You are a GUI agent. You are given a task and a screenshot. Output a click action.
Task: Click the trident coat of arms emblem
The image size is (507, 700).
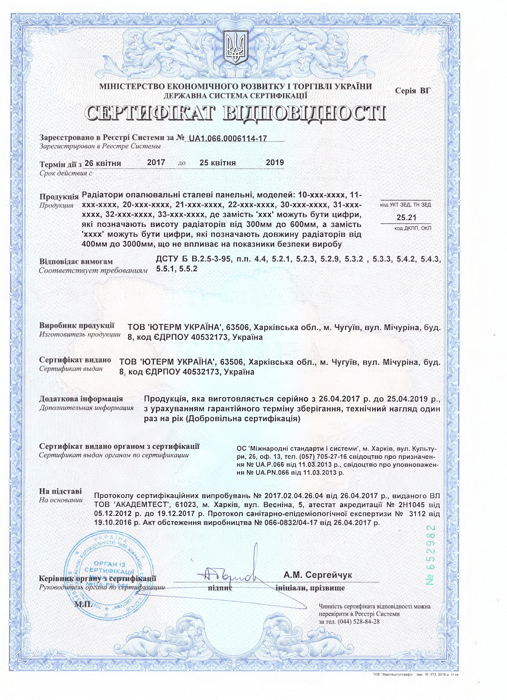click(x=236, y=48)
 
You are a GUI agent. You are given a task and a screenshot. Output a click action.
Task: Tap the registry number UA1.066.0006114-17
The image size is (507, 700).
click(x=228, y=138)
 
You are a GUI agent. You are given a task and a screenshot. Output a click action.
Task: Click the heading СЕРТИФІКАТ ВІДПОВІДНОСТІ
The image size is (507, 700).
click(x=236, y=113)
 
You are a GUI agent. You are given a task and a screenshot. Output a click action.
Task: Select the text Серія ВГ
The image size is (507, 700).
click(x=413, y=91)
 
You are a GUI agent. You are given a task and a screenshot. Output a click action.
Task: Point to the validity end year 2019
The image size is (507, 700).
click(x=275, y=162)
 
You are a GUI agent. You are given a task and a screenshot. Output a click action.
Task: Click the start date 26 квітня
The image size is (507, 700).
click(x=103, y=163)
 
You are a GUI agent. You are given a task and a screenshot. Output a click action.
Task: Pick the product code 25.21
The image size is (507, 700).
click(x=406, y=217)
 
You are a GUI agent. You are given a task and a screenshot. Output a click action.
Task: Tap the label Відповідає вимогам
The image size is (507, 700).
click(x=76, y=261)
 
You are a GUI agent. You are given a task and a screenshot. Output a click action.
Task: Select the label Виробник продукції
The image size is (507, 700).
click(x=77, y=325)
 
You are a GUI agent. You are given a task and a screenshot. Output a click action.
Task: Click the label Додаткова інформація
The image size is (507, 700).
click(x=81, y=399)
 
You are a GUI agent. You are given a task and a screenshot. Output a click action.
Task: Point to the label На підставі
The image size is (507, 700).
click(x=60, y=491)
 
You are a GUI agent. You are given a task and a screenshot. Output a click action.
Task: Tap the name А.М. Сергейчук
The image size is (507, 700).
click(x=317, y=574)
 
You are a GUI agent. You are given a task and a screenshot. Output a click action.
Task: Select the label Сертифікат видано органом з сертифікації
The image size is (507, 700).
click(x=119, y=446)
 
